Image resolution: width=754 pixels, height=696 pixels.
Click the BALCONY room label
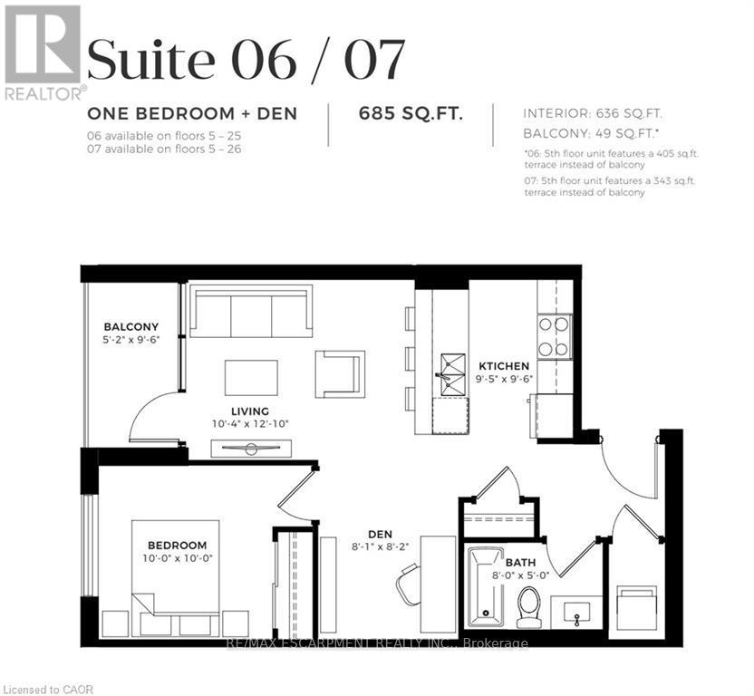pyautogui.click(x=130, y=327)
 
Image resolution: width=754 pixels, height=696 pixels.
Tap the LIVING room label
pyautogui.click(x=249, y=411)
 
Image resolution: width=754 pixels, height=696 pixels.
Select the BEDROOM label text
pyautogui.click(x=178, y=546)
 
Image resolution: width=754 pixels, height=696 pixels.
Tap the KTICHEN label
pyautogui.click(x=504, y=366)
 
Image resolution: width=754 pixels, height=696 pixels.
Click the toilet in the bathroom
pyautogui.click(x=528, y=604)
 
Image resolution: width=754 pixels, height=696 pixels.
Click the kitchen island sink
pyautogui.click(x=450, y=374)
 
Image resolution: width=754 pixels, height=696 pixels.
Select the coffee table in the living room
pyautogui.click(x=252, y=377)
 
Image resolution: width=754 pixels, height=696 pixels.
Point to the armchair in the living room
pyautogui.click(x=340, y=373)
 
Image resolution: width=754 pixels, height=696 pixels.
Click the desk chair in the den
pyautogui.click(x=409, y=584)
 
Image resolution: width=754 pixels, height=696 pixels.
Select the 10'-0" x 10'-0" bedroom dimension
pyautogui.click(x=178, y=558)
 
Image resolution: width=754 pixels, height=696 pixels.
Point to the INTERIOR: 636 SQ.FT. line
pyautogui.click(x=594, y=113)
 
